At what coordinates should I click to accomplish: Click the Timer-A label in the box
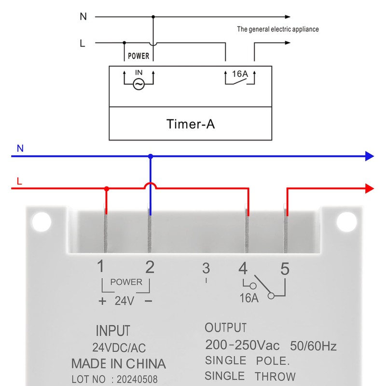tap(191, 124)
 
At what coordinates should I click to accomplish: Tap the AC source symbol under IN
tap(138, 84)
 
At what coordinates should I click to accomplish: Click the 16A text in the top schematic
tap(240, 74)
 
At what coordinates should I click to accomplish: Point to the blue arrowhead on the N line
tap(370, 156)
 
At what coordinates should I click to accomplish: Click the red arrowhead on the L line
tap(370, 189)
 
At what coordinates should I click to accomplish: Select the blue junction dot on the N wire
tap(151, 156)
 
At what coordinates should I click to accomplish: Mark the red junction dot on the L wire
tap(106, 189)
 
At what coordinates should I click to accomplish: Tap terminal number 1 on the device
tap(100, 266)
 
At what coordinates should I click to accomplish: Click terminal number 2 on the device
tap(150, 267)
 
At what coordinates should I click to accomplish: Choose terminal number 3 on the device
tap(206, 268)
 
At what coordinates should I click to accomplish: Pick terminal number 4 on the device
tap(243, 268)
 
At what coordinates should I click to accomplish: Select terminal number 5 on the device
tap(285, 269)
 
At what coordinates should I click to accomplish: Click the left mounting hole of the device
tap(41, 222)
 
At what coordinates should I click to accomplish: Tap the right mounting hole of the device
tap(346, 222)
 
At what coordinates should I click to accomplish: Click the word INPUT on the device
tap(113, 331)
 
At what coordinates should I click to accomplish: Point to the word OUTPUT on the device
tap(225, 328)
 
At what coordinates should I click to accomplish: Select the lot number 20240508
tap(137, 379)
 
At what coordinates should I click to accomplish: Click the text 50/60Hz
tap(313, 346)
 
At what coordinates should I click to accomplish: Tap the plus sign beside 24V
tap(102, 301)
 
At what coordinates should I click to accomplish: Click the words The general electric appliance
tap(278, 29)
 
